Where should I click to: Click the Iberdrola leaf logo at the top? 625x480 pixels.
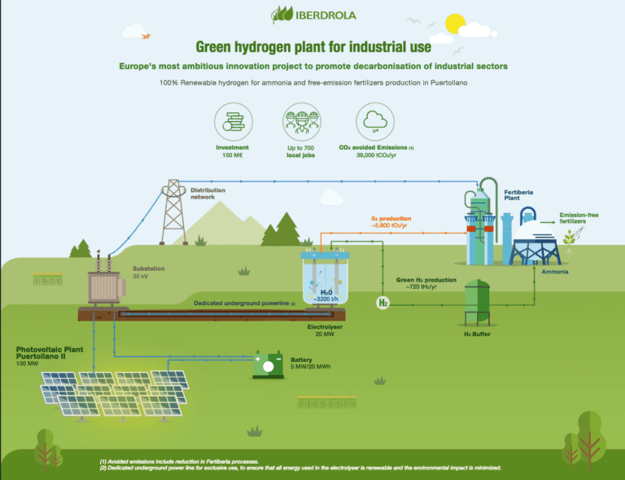point(281,15)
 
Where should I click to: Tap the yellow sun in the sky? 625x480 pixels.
point(453,23)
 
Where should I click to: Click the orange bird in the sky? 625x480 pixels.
point(146,36)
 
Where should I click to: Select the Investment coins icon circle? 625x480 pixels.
point(232,122)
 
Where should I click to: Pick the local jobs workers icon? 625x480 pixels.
point(299,122)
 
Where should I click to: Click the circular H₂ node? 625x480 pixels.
point(382,303)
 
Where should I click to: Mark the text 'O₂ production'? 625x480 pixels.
point(391,219)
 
